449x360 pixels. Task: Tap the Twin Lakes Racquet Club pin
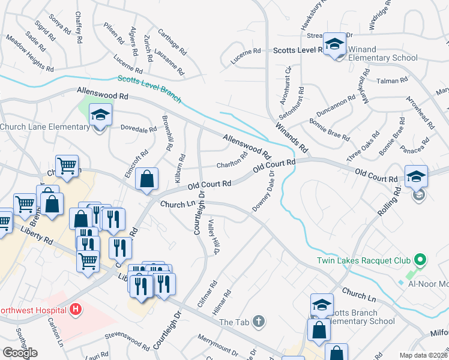click(x=420, y=260)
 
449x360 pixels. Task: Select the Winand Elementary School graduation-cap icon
click(x=335, y=45)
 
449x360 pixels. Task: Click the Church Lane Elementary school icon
click(x=100, y=115)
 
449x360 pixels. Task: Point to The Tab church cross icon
click(x=258, y=322)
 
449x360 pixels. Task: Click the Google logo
click(x=20, y=353)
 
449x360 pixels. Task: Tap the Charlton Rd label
click(x=232, y=162)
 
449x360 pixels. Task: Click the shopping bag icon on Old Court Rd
click(x=147, y=179)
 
